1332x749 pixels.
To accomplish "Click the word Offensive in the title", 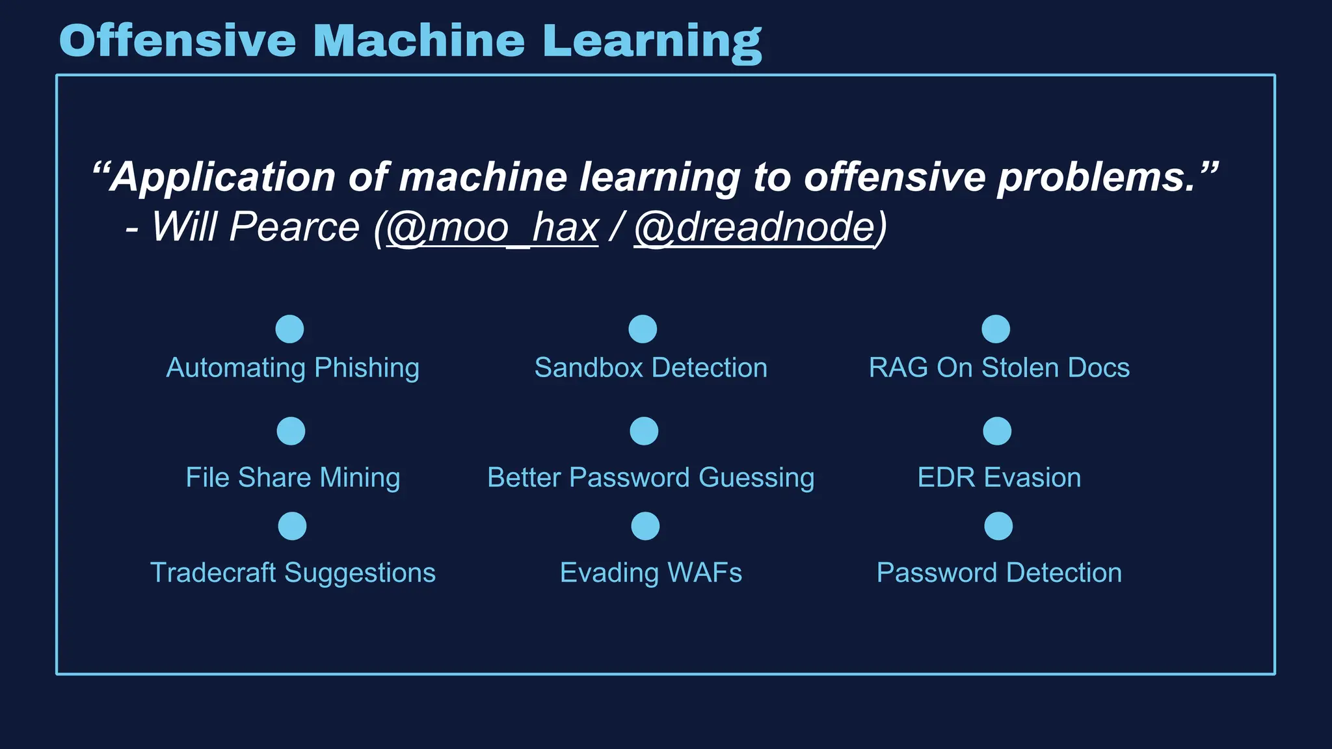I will pyautogui.click(x=177, y=40).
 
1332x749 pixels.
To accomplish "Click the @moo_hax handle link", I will pyautogui.click(x=492, y=227).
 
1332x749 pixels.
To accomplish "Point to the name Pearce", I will pyautogui.click(x=294, y=227).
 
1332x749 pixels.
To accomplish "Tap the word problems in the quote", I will pyautogui.click(x=1096, y=177).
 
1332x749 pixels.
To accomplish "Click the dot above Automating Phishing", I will pyautogui.click(x=290, y=329).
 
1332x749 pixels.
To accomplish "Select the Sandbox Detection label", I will pyautogui.click(x=650, y=368).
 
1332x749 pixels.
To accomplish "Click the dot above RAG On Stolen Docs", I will pyautogui.click(x=996, y=329).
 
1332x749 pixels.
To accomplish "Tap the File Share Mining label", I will pyautogui.click(x=293, y=478).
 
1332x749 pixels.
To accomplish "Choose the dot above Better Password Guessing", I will pyautogui.click(x=644, y=431).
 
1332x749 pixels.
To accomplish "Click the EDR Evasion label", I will pyautogui.click(x=999, y=478).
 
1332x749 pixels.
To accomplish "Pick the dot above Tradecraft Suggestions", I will pyautogui.click(x=292, y=526).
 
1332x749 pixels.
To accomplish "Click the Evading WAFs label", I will pyautogui.click(x=650, y=573).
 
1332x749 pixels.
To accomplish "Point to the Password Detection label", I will pyautogui.click(x=999, y=573).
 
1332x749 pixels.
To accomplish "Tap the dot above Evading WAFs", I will pyautogui.click(x=645, y=526).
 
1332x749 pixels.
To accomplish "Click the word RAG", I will pyautogui.click(x=898, y=368).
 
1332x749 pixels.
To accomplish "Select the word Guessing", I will pyautogui.click(x=756, y=478).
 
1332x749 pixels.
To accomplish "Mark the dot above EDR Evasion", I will pyautogui.click(x=997, y=431).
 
